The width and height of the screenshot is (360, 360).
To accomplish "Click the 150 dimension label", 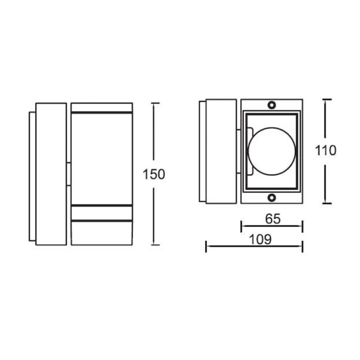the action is (154, 174).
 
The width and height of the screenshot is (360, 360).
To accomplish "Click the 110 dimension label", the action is (325, 151).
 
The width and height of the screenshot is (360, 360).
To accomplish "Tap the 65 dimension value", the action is (273, 219).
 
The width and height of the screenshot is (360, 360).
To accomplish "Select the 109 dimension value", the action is (261, 239).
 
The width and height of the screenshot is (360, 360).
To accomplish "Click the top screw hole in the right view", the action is (272, 105).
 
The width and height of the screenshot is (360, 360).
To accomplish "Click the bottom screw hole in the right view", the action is (272, 198).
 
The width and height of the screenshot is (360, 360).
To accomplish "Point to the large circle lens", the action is (272, 151).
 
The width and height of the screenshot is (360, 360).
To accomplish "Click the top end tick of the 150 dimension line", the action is (155, 103).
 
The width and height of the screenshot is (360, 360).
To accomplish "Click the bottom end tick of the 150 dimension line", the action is (155, 245).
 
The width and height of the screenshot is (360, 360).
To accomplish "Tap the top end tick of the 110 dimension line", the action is (327, 99).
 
